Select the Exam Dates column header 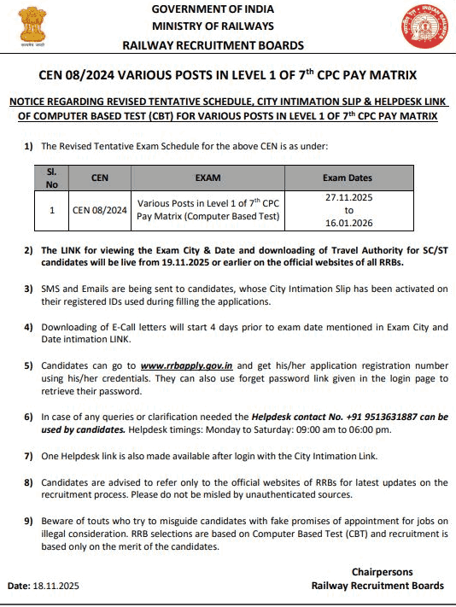(348, 178)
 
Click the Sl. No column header (51, 178)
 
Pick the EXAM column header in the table (208, 178)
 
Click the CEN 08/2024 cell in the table (99, 209)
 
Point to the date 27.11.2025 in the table (348, 196)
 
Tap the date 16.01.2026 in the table (348, 222)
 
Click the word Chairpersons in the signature (382, 571)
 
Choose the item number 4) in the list (28, 328)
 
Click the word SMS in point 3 (51, 289)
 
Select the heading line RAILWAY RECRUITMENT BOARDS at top (213, 44)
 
